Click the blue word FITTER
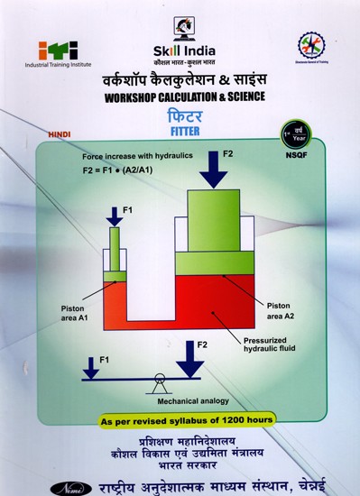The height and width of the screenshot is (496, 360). click(x=180, y=129)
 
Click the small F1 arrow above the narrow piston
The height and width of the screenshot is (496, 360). click(x=115, y=216)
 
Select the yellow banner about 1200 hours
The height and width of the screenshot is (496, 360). click(x=179, y=422)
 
